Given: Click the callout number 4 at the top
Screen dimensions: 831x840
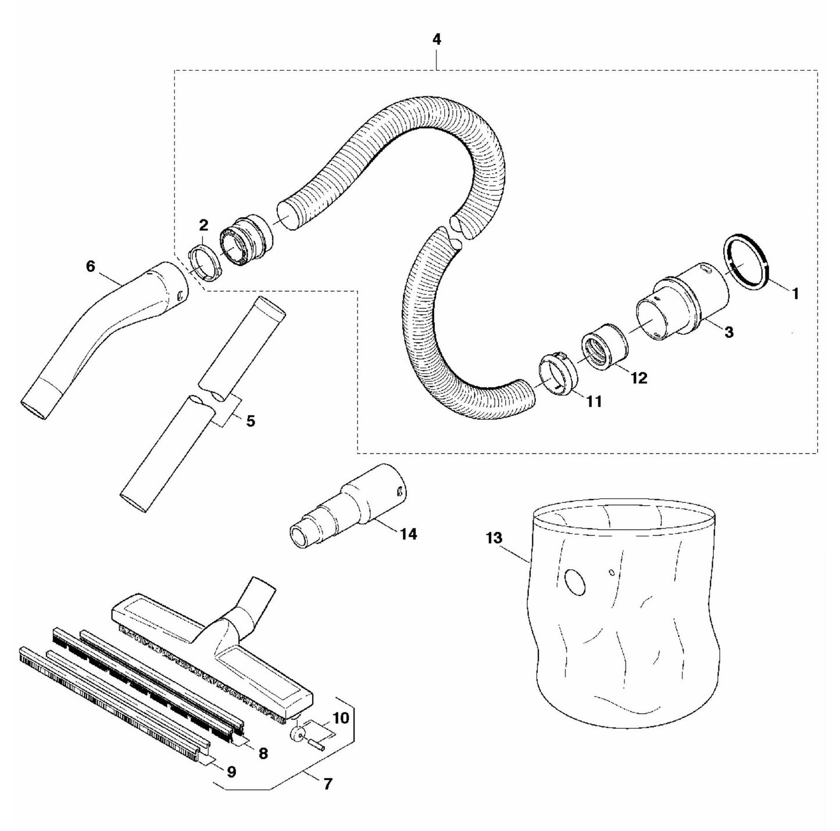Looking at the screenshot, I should pos(437,39).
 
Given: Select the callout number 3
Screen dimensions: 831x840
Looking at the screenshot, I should pos(728,332).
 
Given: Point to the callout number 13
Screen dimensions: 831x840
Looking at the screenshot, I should pos(494,538).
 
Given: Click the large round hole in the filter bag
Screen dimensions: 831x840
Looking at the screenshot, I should pos(576,582).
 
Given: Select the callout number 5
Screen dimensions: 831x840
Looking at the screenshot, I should pos(251,421).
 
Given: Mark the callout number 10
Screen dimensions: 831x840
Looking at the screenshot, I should pos(341,718).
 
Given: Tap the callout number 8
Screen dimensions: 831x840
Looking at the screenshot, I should pos(263,753).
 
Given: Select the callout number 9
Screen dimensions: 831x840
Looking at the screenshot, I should pos(231,772).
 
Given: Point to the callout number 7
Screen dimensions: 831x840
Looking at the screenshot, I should pos(327,784).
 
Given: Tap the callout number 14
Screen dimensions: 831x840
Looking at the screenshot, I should pos(409,534).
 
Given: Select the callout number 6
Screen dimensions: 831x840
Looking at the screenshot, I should pos(90,266).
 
